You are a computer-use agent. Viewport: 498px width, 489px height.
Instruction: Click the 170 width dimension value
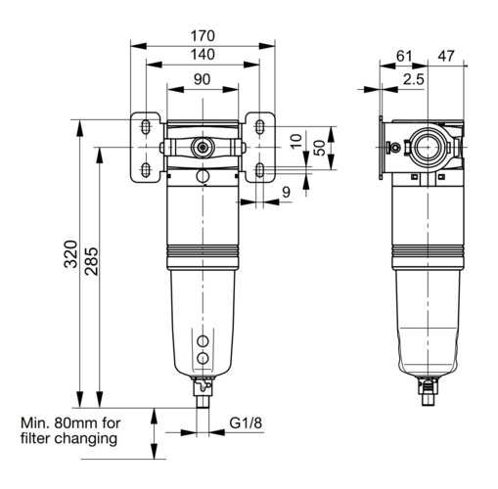click(203, 36)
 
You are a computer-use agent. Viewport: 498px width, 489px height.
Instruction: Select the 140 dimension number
click(203, 55)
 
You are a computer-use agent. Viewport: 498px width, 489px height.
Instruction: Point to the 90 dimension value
click(203, 79)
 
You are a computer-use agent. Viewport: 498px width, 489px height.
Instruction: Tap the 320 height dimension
click(70, 254)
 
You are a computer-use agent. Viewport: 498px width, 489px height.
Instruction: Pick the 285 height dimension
click(91, 261)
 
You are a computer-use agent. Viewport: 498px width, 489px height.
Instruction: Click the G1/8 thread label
click(246, 423)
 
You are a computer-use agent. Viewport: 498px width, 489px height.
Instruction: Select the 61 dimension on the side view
click(404, 56)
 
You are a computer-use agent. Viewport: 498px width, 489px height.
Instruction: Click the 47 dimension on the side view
click(446, 56)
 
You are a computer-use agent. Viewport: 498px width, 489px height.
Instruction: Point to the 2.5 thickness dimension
click(414, 79)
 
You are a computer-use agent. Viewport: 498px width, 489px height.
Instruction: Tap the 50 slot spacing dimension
click(320, 148)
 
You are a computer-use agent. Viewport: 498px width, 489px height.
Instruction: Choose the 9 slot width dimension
click(286, 192)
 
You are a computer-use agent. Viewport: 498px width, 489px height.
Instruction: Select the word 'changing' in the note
click(85, 439)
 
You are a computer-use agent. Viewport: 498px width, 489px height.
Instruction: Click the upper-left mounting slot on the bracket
click(146, 126)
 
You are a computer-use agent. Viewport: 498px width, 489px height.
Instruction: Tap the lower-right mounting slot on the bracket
click(259, 169)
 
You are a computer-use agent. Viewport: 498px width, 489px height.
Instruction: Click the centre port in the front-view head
click(203, 148)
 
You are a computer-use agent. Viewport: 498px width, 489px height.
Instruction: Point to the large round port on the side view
click(428, 148)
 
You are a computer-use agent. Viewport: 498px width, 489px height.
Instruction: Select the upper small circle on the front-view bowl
click(203, 341)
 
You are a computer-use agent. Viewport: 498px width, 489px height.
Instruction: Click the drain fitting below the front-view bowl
click(203, 392)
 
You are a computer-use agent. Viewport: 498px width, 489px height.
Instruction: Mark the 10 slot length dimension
click(296, 142)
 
